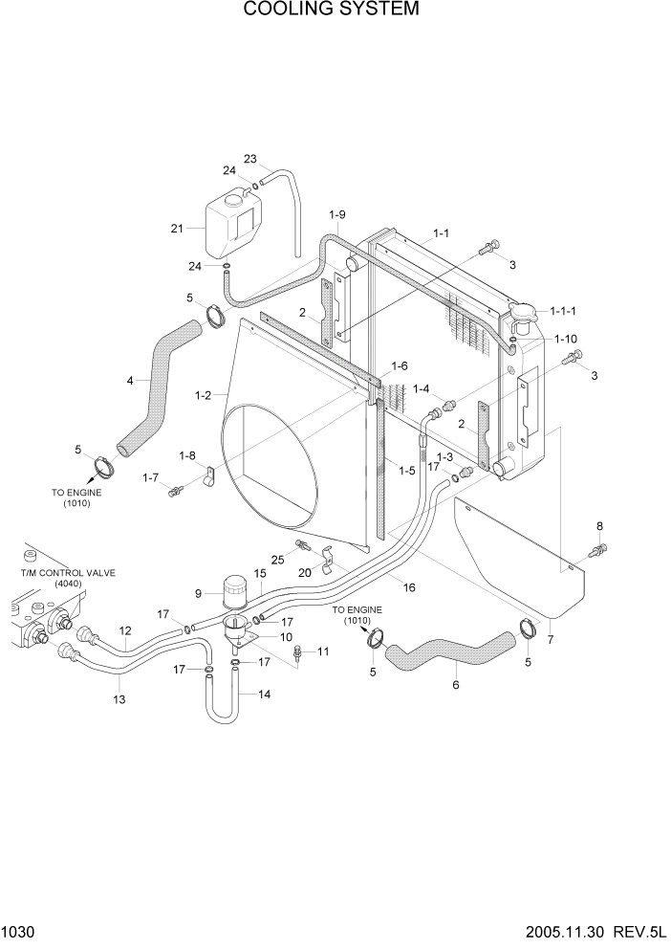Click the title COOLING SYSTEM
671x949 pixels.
[331, 10]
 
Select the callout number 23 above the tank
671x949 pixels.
[250, 159]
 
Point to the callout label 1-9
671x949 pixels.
[336, 213]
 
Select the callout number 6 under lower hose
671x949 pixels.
[455, 684]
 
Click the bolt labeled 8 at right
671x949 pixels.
[598, 550]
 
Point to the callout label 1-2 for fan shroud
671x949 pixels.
[203, 394]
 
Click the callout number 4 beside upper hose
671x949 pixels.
[130, 380]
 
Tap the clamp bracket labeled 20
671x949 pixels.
[327, 556]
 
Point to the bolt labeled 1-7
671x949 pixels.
[176, 492]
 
